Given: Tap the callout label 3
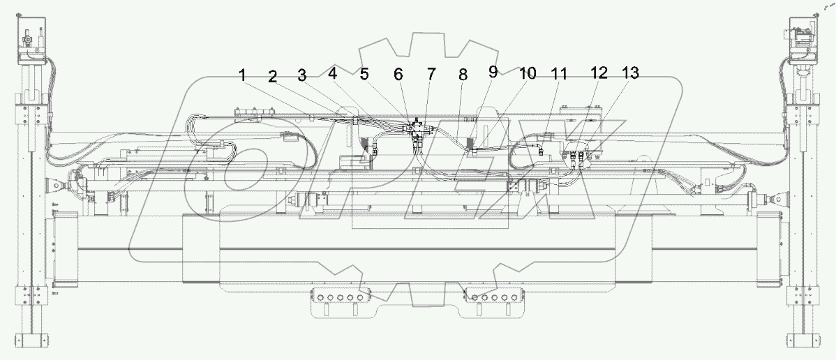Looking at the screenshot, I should [x=301, y=75].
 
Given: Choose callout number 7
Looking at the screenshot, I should [x=431, y=74].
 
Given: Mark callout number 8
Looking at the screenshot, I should [x=462, y=75].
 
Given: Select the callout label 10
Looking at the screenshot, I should [x=527, y=73].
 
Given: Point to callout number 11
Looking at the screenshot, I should [x=560, y=74].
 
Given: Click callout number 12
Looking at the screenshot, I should [x=599, y=72].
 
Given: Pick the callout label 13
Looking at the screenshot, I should [x=630, y=74].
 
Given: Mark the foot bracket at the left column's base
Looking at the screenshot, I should [x=31, y=343].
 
